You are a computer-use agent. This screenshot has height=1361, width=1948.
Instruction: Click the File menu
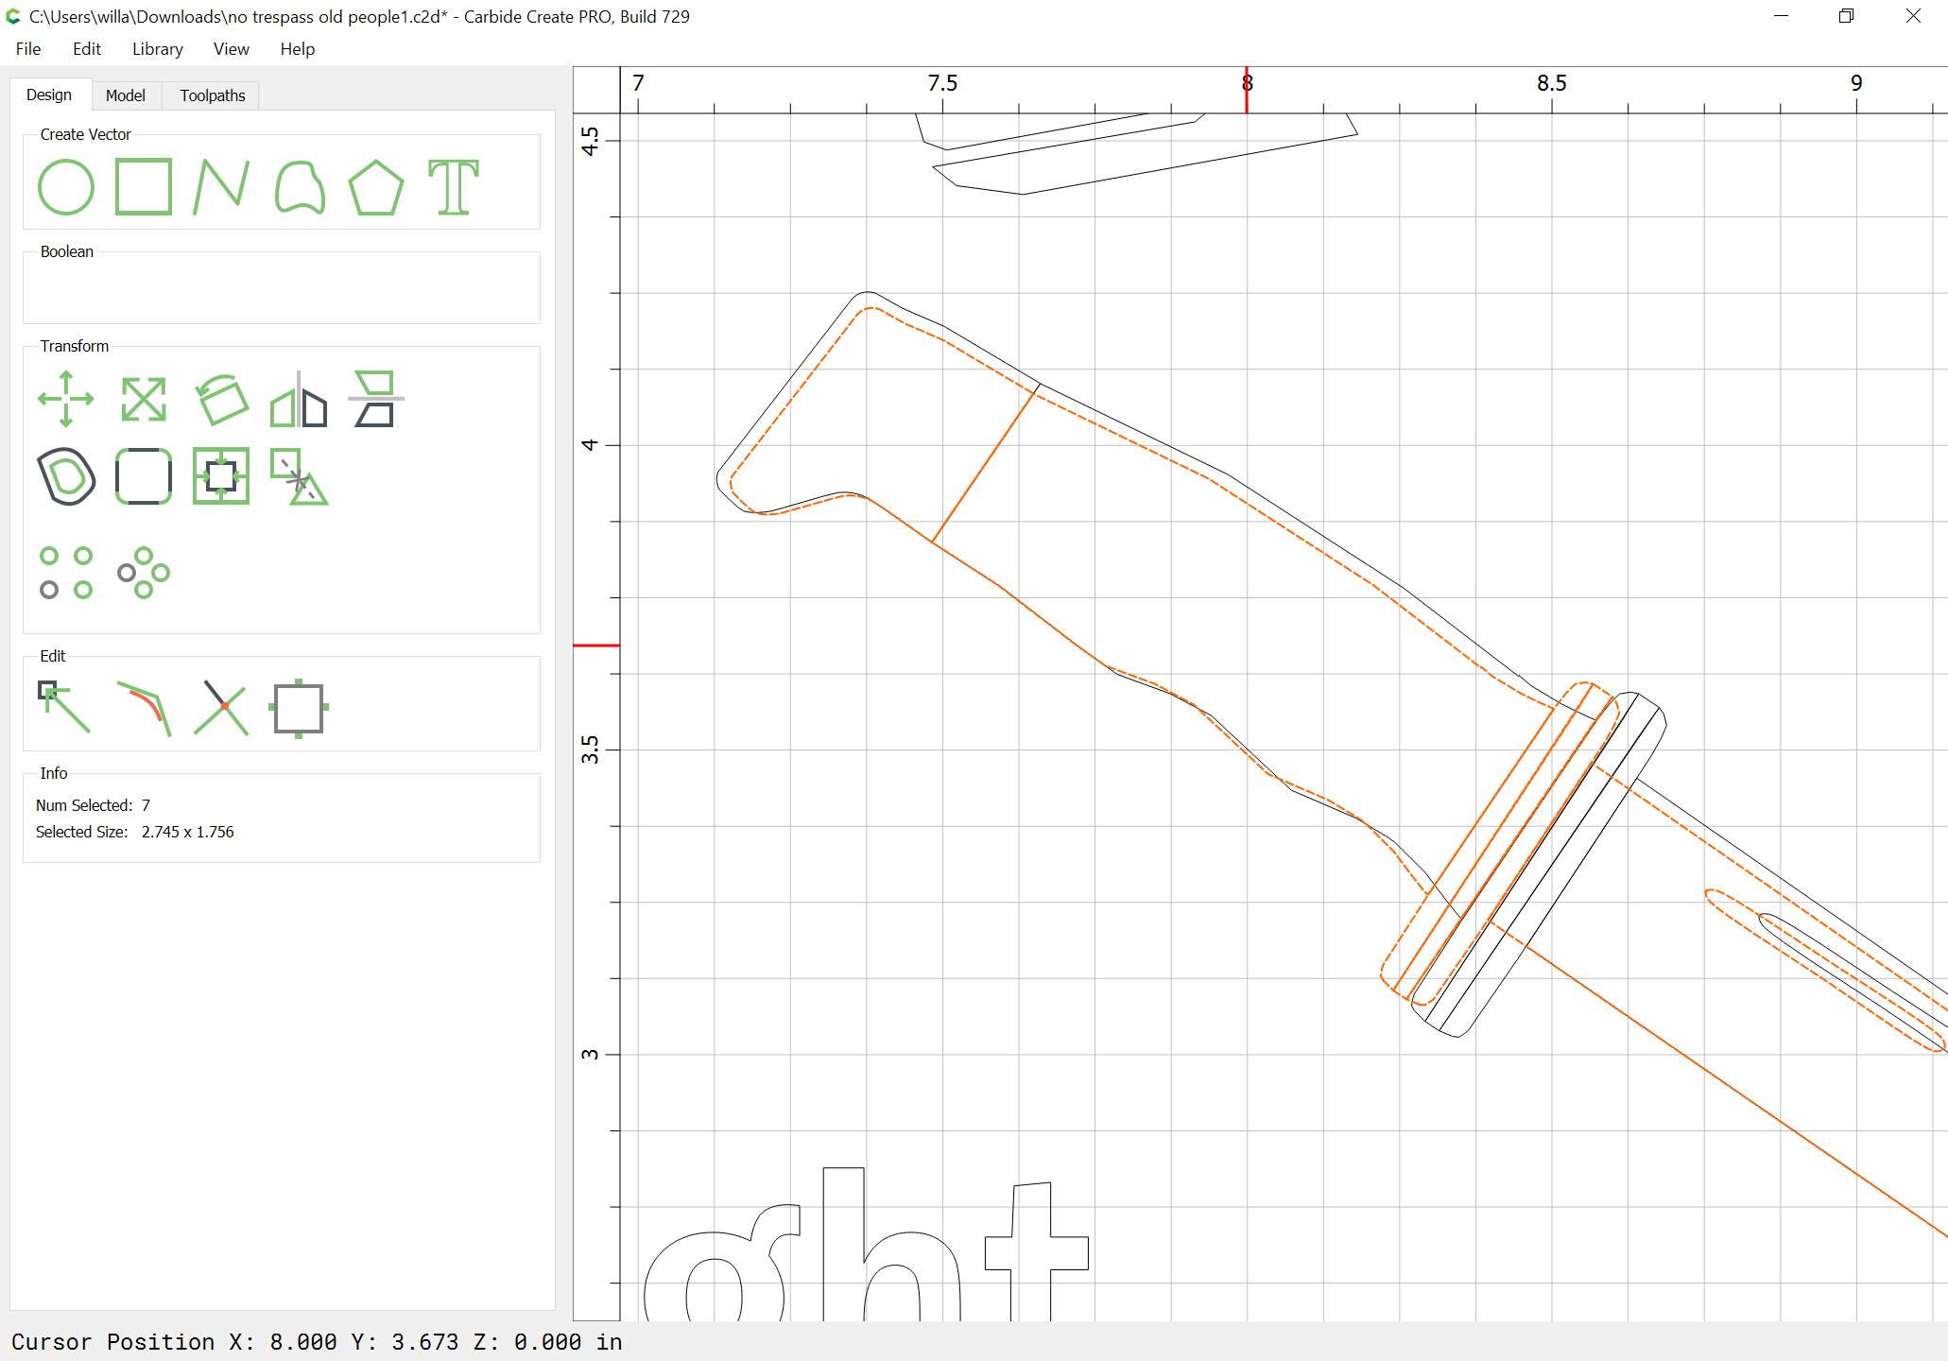28,49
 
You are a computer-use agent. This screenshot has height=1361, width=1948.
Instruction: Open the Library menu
157,49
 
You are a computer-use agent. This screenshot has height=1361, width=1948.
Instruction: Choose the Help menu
297,49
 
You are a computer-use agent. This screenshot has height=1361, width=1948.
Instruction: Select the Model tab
126,95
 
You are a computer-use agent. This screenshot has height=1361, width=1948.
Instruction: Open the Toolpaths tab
213,95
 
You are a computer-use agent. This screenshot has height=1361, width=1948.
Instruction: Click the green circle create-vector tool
66,187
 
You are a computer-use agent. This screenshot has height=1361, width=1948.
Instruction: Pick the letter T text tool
454,187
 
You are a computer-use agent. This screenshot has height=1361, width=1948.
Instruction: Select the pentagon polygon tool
376,187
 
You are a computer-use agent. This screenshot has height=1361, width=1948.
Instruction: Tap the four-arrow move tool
66,399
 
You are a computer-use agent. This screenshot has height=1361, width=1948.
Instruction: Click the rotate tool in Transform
221,399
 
